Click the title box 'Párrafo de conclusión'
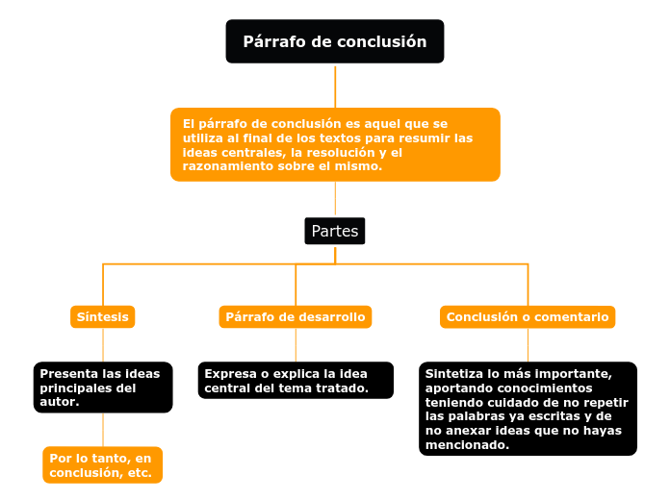click(334, 41)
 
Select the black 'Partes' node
click(335, 231)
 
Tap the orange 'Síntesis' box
click(103, 316)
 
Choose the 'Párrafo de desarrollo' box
click(295, 316)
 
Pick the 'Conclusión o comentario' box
click(528, 316)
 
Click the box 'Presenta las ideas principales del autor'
click(103, 387)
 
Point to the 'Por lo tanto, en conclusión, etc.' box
click(102, 465)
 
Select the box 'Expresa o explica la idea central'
click(296, 381)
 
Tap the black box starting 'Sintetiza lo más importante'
click(528, 409)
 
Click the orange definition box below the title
click(335, 144)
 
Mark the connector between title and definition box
click(335, 86)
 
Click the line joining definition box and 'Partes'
click(335, 200)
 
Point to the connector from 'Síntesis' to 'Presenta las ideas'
click(103, 344)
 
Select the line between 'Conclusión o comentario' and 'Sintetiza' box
click(528, 344)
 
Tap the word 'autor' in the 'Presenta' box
click(58, 402)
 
